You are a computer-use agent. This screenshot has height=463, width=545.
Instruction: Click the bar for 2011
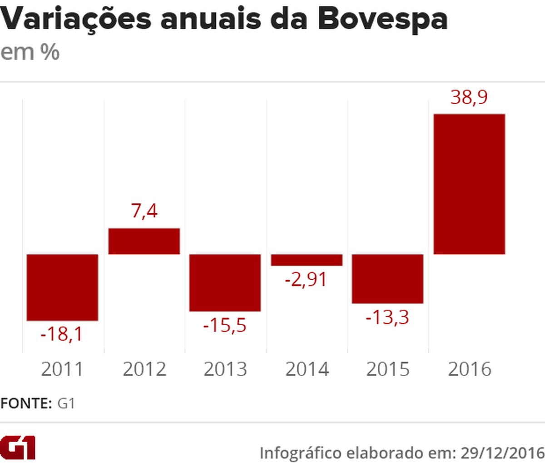click(x=62, y=287)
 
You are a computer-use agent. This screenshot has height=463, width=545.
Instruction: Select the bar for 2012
click(x=144, y=241)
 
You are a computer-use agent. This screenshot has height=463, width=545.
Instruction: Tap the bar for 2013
click(x=225, y=282)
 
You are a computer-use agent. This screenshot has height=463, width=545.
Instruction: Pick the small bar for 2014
click(x=307, y=260)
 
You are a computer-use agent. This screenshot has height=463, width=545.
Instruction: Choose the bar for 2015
click(x=387, y=278)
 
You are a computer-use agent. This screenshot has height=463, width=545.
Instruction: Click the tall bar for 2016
click(x=469, y=184)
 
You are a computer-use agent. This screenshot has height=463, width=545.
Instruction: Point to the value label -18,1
click(x=62, y=334)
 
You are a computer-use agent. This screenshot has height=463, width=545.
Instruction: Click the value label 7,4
click(x=144, y=211)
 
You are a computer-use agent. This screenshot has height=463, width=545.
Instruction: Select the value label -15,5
click(x=225, y=325)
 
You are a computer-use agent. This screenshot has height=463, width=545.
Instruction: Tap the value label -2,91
click(x=306, y=279)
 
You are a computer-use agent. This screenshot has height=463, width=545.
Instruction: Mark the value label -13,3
click(x=387, y=317)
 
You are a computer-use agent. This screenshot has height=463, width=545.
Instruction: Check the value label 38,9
click(x=469, y=97)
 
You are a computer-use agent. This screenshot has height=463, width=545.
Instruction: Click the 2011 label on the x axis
click(x=62, y=369)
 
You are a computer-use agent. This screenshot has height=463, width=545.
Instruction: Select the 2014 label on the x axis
click(x=307, y=369)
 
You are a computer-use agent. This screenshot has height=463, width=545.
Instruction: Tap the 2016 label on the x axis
click(x=469, y=369)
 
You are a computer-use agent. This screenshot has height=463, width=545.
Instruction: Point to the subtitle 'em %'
click(x=30, y=52)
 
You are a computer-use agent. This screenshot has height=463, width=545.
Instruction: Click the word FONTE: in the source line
click(x=26, y=403)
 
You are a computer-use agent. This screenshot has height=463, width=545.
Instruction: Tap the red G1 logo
click(x=18, y=448)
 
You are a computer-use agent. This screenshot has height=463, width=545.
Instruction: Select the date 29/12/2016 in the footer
click(x=502, y=453)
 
